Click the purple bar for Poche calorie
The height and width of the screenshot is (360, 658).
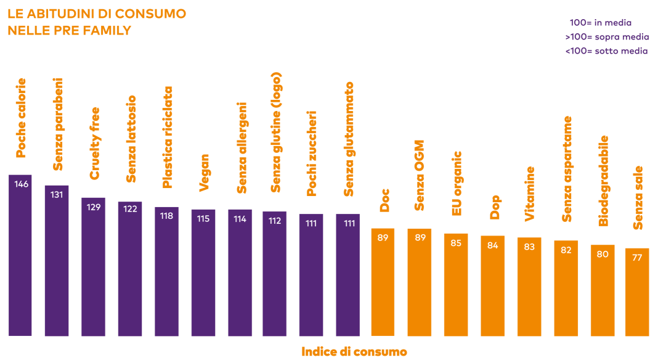click(20, 256)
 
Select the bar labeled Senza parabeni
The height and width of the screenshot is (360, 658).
click(57, 261)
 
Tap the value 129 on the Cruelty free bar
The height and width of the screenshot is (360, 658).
click(94, 207)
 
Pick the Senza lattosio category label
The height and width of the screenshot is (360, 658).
click(131, 139)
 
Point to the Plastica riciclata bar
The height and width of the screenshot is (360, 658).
click(167, 271)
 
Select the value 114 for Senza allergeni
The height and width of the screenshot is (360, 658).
click(240, 219)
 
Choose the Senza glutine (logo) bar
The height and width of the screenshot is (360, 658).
click(275, 274)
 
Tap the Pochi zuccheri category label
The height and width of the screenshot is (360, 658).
click(312, 153)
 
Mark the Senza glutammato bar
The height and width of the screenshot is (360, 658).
click(348, 275)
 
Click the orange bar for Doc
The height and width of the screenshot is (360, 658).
click(383, 282)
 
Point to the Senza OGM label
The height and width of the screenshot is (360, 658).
click(420, 176)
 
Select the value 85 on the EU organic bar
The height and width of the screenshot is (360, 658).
click(456, 243)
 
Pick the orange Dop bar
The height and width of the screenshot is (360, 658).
click(493, 286)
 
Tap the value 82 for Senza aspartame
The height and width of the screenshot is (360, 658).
click(566, 250)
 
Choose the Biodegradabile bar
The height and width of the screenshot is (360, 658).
click(603, 290)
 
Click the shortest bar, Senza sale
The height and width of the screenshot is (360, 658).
click(637, 292)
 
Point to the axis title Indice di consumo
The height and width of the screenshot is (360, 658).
click(354, 352)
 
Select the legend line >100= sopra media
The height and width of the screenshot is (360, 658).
click(607, 37)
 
